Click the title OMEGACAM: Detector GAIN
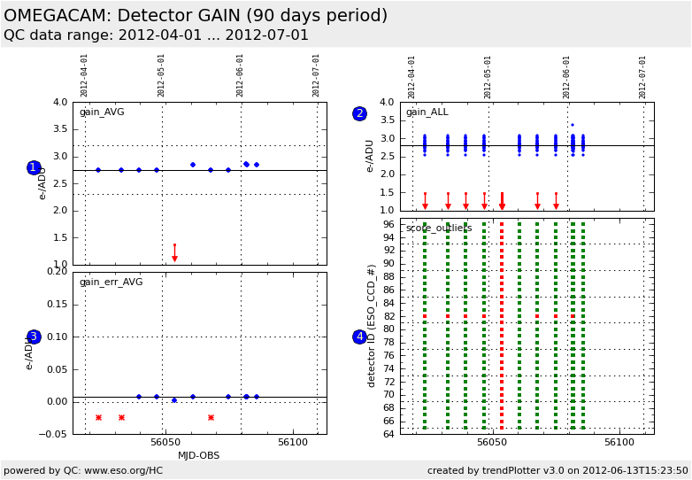tap(195, 16)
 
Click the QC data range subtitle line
tap(156, 35)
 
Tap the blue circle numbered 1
tap(34, 167)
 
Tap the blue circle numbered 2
tap(359, 113)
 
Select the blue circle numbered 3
tap(34, 337)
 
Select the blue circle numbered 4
tap(359, 337)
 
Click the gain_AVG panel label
tap(102, 112)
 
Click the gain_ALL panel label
tap(427, 112)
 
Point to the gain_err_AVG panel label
tap(111, 282)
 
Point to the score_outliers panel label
tap(439, 228)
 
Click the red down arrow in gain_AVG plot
tap(174, 257)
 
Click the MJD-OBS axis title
tap(198, 456)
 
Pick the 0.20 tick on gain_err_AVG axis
tap(57, 271)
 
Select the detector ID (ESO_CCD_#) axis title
tap(373, 325)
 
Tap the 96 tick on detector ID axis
tap(388, 224)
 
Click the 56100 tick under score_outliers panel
tap(619, 441)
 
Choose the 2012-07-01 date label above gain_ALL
tap(643, 76)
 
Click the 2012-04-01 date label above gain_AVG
tap(85, 75)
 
